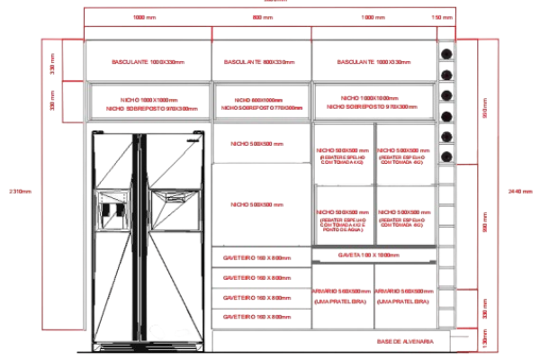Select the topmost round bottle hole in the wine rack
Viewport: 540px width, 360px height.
[445, 52]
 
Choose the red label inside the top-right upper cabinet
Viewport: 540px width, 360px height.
[372, 62]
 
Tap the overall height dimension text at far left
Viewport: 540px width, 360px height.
[14, 190]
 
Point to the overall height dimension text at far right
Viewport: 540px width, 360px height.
[519, 190]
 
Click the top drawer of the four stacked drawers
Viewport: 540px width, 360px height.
[262, 257]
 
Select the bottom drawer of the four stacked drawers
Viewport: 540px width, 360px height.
[262, 317]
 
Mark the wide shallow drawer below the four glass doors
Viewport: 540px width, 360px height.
[373, 256]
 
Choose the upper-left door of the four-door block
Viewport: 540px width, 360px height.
[344, 155]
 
